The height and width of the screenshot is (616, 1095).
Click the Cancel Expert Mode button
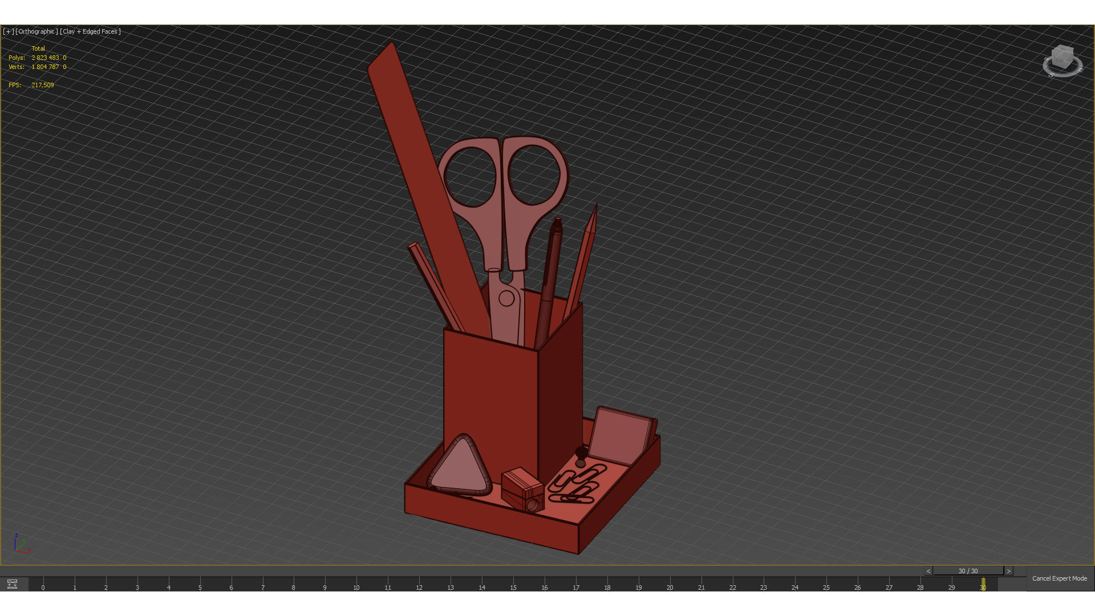coord(1059,578)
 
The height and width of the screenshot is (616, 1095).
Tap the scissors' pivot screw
coord(506,298)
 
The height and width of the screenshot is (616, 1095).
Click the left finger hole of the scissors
coord(471,177)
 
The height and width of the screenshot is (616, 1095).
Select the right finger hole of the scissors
coord(534,175)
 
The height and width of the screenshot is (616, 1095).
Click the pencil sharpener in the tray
coord(522,489)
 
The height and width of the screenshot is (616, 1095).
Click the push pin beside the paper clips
coord(581,455)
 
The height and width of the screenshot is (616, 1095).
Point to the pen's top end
coord(557,222)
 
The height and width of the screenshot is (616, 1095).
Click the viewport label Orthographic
coord(36,31)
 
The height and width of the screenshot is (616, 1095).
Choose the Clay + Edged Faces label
coord(91,31)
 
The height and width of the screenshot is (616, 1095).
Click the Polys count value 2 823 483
coord(46,58)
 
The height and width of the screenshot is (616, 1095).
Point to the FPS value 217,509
coord(43,85)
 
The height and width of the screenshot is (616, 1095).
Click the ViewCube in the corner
coord(1062,60)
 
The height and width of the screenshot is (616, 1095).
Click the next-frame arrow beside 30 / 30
coord(1008,571)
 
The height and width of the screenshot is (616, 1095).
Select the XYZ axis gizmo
coord(21,544)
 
